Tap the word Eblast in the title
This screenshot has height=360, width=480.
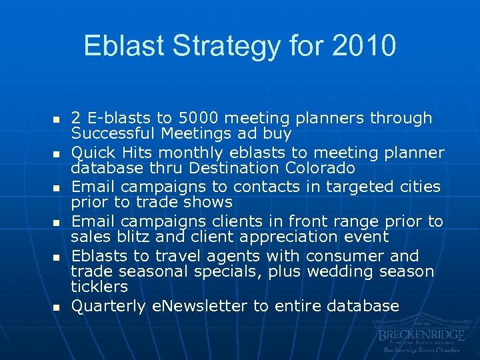(x=125, y=46)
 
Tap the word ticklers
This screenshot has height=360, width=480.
(x=101, y=286)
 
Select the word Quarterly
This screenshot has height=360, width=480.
(x=108, y=306)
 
